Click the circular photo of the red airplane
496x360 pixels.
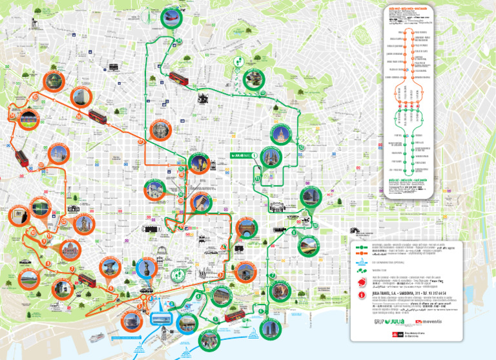[171, 17]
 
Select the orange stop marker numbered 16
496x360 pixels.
[79, 116]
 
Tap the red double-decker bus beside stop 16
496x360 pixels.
[98, 116]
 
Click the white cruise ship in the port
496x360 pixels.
[96, 337]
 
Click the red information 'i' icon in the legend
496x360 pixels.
[361, 296]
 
